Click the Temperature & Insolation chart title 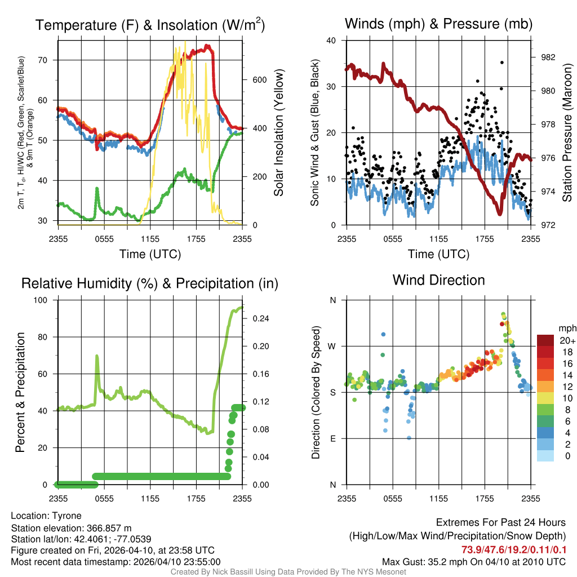click(150, 25)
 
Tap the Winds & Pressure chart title click(438, 24)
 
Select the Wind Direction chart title click(438, 280)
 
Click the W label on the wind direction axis click(332, 346)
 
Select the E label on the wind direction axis click(332, 438)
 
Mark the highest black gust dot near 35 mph click(502, 63)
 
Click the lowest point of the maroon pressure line click(499, 213)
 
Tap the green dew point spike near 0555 click(97, 189)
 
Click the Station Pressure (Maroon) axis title click(567, 132)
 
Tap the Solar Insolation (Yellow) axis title click(278, 132)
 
